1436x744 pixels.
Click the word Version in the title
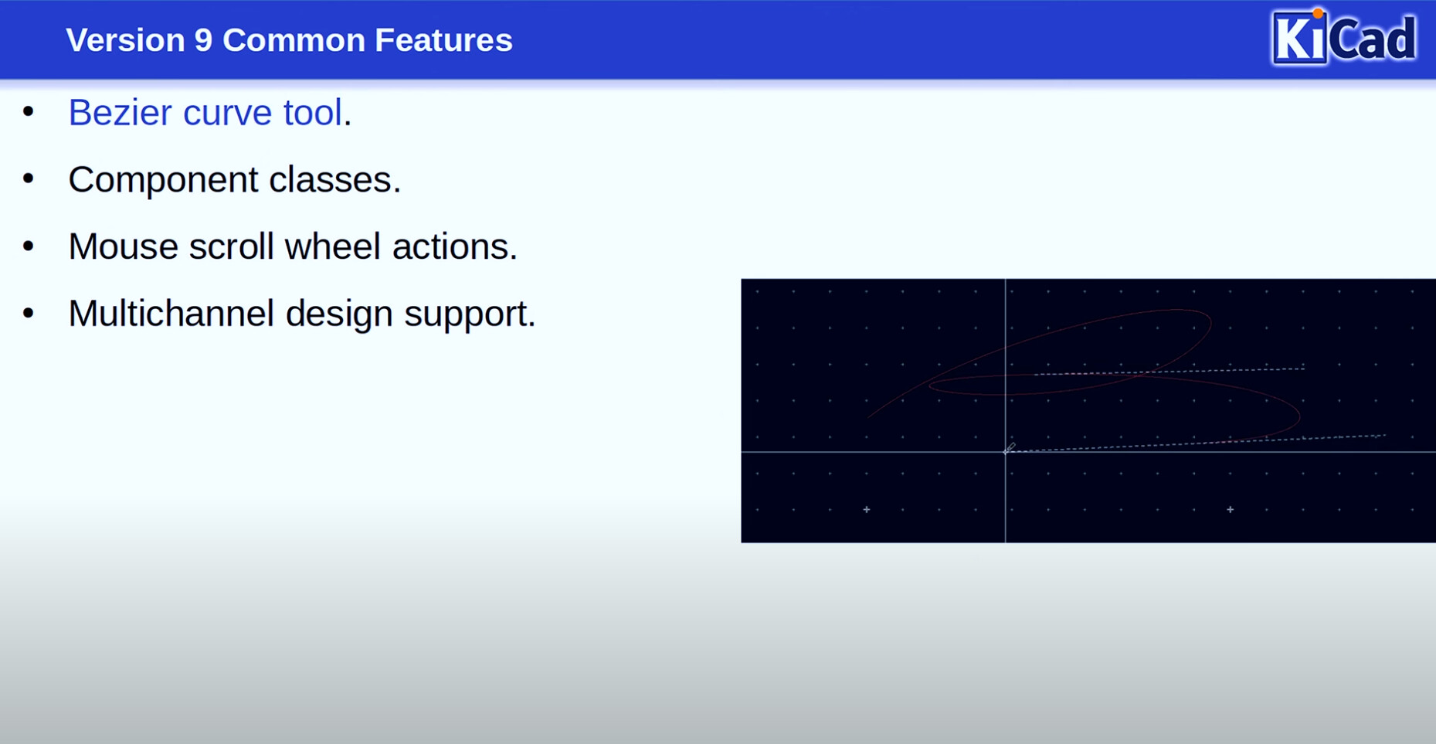click(125, 40)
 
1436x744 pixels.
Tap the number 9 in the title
click(203, 40)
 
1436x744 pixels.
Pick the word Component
click(163, 180)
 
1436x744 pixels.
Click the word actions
click(454, 246)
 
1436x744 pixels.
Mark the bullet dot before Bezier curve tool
click(29, 112)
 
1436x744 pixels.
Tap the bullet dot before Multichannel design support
click(29, 313)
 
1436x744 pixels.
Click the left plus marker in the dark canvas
click(867, 510)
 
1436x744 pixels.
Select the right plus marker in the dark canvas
click(1231, 510)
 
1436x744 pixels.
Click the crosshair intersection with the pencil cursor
click(1006, 452)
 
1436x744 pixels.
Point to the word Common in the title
click(294, 40)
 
